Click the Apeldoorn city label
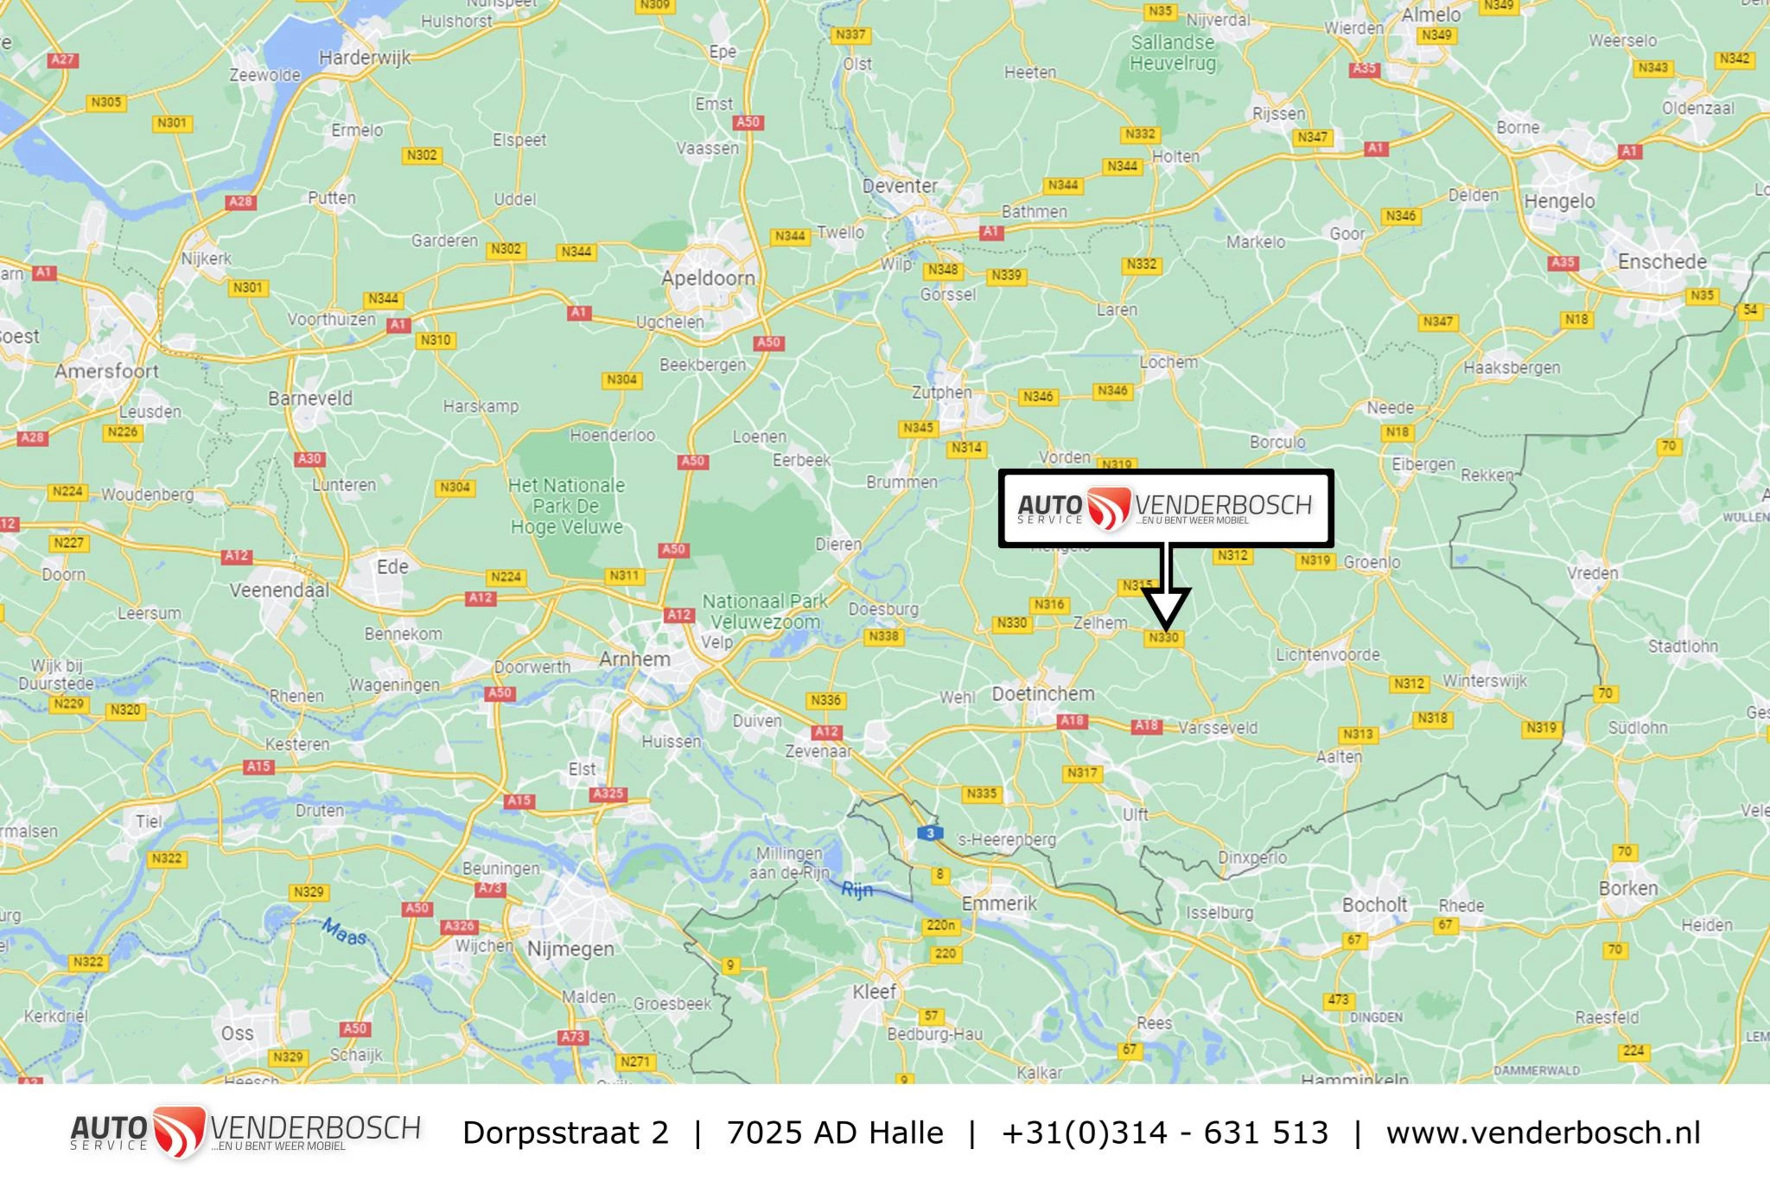pyautogui.click(x=708, y=278)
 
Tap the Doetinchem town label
pyautogui.click(x=1043, y=693)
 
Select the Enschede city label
pyautogui.click(x=1662, y=261)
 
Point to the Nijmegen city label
pyautogui.click(x=570, y=948)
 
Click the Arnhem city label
pyautogui.click(x=634, y=659)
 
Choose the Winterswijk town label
pyautogui.click(x=1484, y=680)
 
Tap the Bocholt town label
pyautogui.click(x=1374, y=904)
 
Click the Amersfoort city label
pyautogui.click(x=107, y=372)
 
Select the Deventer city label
pyautogui.click(x=900, y=186)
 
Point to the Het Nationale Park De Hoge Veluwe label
pyautogui.click(x=566, y=506)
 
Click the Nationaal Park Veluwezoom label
pyautogui.click(x=764, y=611)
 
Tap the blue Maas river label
pyautogui.click(x=345, y=931)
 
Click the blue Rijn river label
pyautogui.click(x=856, y=889)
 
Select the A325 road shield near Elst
pyautogui.click(x=608, y=794)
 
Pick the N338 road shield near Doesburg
pyautogui.click(x=883, y=636)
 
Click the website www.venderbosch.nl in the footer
pyautogui.click(x=1543, y=1133)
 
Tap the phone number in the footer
pyautogui.click(x=1164, y=1133)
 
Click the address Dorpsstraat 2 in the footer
pyautogui.click(x=565, y=1133)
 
